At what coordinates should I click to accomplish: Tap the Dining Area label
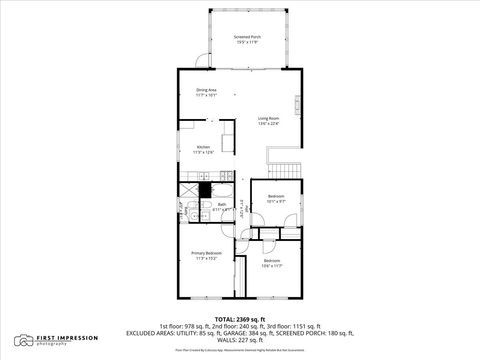pos(206,91)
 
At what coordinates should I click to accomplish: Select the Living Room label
pos(268,118)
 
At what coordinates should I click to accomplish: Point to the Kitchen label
pos(203,147)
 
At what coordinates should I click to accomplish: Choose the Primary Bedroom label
pos(206,253)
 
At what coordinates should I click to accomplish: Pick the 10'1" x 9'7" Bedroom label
pos(275,196)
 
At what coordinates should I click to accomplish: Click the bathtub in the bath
pos(190,210)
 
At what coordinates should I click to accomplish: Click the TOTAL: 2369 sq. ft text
pos(239,318)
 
